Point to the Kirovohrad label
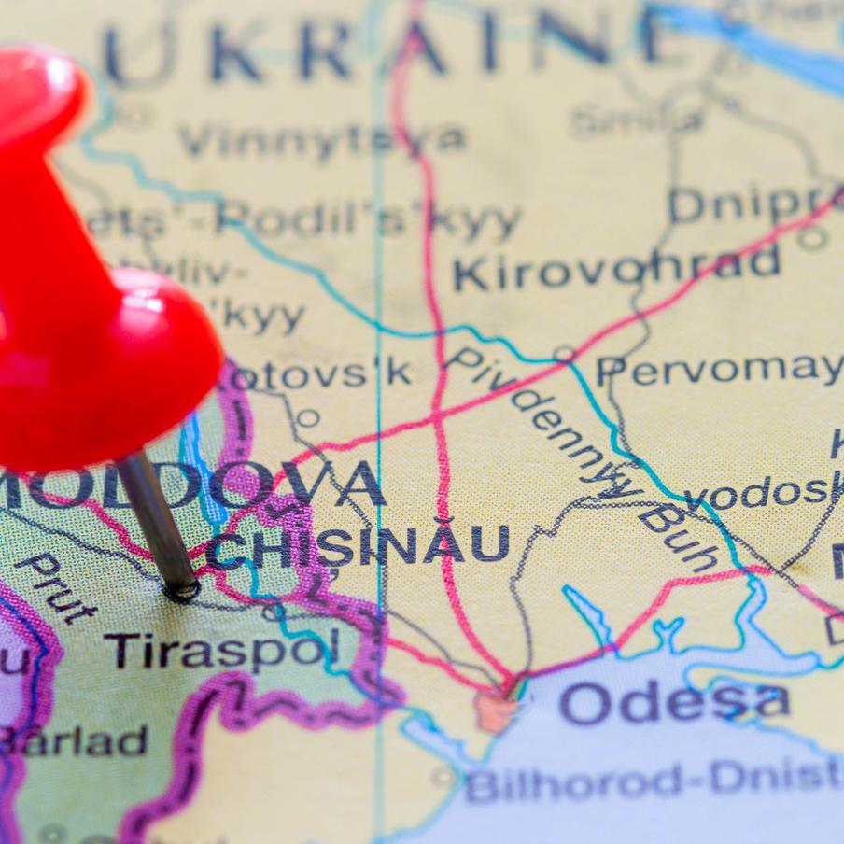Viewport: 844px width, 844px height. click(616, 267)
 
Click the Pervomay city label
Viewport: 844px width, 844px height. click(719, 370)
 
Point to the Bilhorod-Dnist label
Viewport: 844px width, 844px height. click(654, 781)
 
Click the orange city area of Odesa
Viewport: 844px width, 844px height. click(495, 710)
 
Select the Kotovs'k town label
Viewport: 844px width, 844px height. click(317, 373)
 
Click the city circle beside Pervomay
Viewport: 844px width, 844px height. click(564, 354)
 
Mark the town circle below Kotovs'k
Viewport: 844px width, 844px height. click(308, 417)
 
